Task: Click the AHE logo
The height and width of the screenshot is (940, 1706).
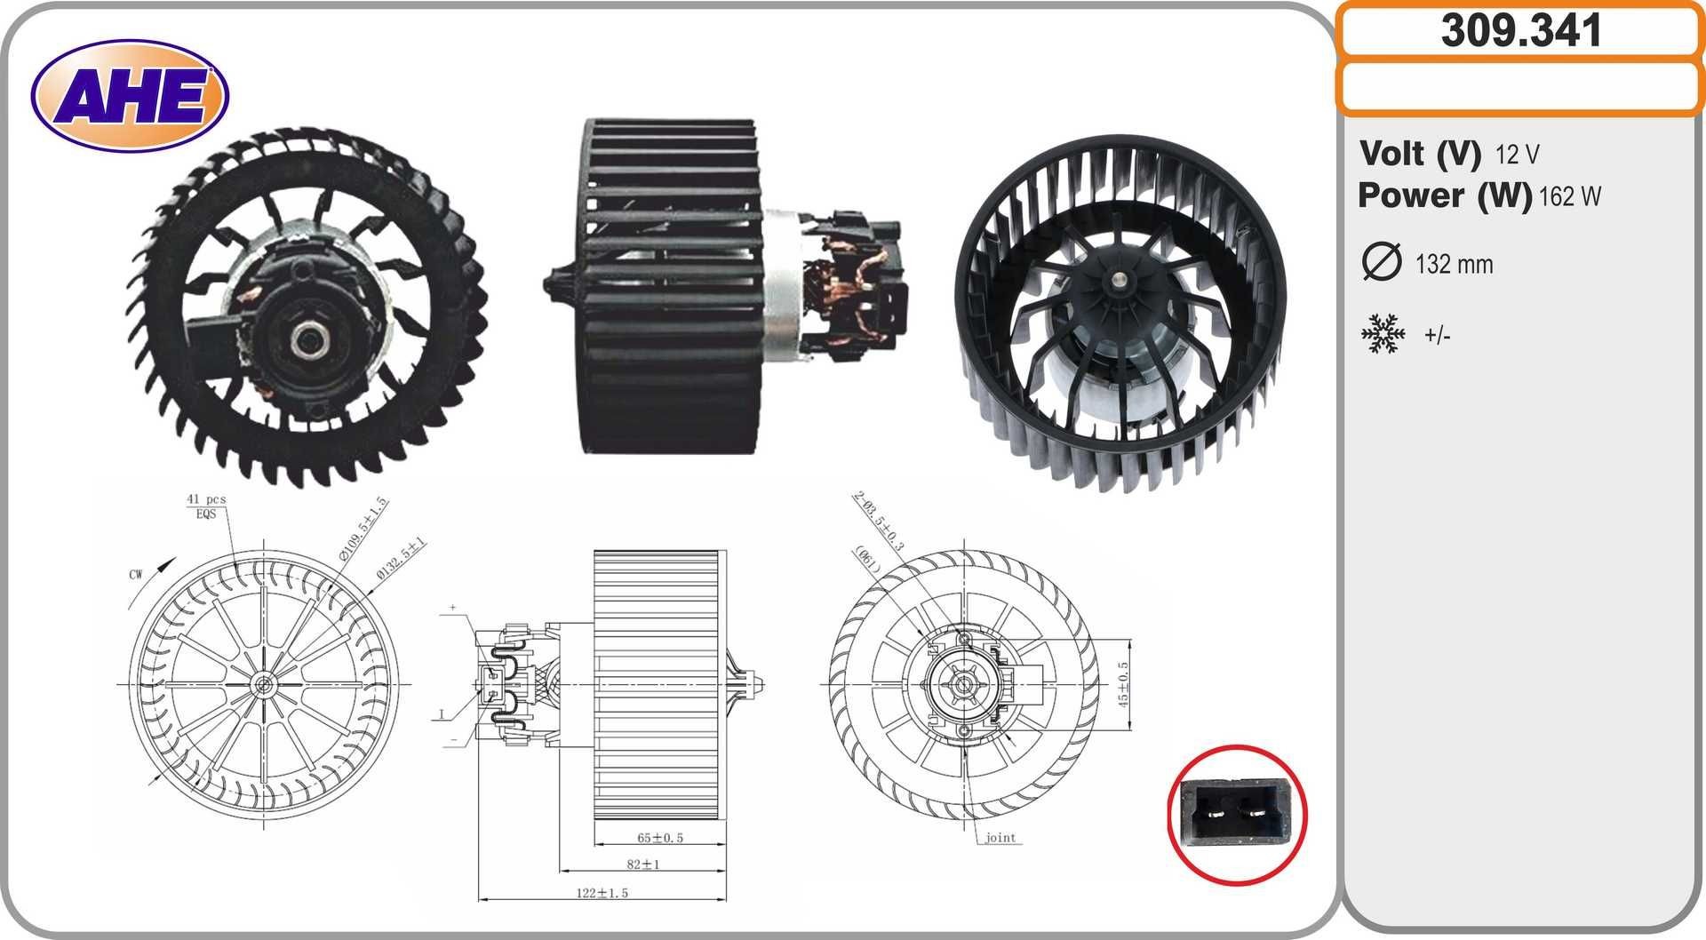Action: point(130,96)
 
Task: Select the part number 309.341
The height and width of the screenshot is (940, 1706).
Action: point(1520,31)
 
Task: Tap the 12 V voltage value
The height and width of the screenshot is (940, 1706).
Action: point(1517,155)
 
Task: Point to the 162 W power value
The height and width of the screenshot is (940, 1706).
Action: point(1569,196)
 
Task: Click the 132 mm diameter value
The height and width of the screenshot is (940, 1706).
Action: point(1454,264)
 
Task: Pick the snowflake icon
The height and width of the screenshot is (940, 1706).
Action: point(1383,334)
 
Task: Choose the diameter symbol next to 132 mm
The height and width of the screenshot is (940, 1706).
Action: point(1381,262)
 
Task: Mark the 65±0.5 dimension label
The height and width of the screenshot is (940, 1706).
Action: point(660,838)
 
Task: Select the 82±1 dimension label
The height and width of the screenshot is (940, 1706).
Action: point(643,864)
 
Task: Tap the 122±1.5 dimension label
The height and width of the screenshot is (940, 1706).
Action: point(602,892)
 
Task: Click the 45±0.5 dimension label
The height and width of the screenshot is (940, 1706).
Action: point(1123,683)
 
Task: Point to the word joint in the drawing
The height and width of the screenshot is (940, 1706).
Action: point(1000,837)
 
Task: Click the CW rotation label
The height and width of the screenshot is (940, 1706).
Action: point(136,574)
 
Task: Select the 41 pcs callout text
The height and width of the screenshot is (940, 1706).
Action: point(206,499)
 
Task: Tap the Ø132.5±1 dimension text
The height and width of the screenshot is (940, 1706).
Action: point(402,558)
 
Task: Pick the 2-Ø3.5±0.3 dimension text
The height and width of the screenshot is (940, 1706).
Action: point(878,521)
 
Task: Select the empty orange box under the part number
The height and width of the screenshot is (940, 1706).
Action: point(1520,87)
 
